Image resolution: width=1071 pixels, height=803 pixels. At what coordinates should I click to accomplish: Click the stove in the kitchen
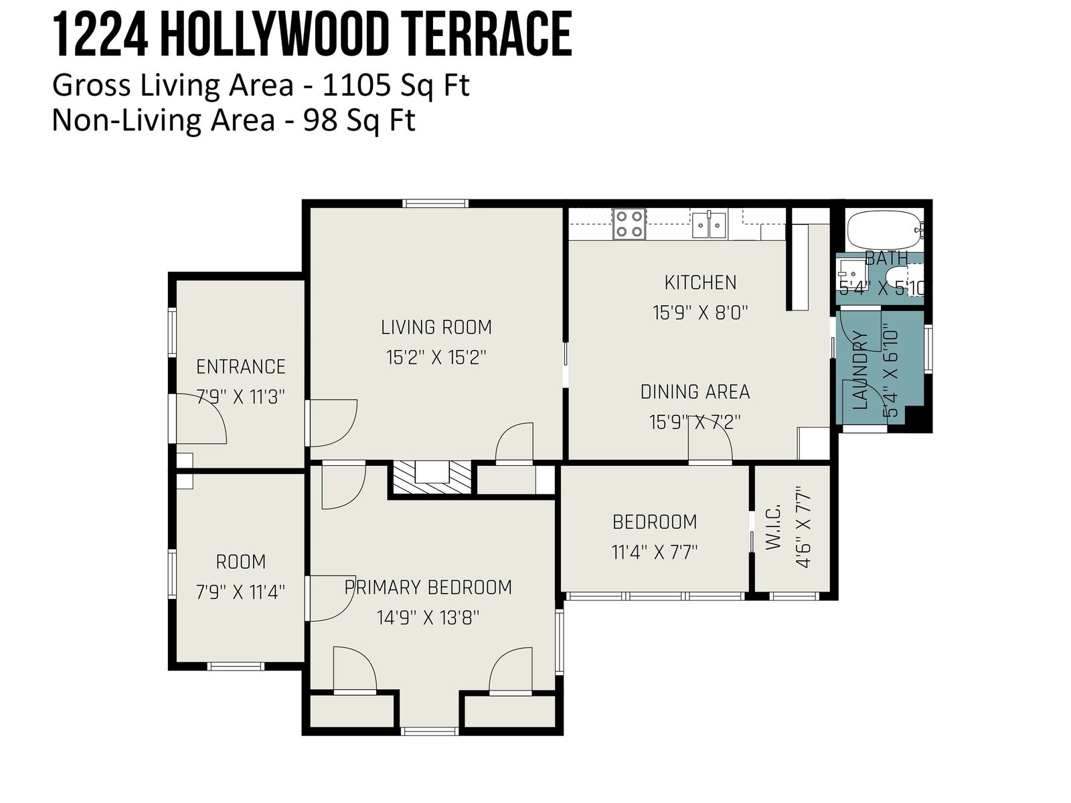(x=629, y=224)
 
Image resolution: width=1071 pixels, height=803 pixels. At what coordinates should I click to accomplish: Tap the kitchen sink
(x=708, y=225)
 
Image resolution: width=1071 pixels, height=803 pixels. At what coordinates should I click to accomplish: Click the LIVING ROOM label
(x=436, y=327)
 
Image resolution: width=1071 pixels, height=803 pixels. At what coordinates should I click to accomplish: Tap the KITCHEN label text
(x=700, y=283)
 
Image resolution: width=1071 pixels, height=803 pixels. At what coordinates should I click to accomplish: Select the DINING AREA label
(x=695, y=391)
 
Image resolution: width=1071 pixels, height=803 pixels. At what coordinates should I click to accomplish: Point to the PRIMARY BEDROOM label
(x=428, y=588)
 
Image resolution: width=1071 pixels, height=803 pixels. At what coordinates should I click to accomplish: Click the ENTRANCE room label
(x=240, y=367)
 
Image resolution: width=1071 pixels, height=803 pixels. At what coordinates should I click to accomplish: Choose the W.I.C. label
(x=773, y=527)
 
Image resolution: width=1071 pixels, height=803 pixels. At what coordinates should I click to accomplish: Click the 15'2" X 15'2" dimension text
(x=436, y=358)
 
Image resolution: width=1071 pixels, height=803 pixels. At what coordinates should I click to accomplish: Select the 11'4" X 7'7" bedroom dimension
(x=654, y=553)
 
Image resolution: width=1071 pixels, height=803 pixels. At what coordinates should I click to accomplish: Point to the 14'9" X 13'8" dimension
(x=428, y=618)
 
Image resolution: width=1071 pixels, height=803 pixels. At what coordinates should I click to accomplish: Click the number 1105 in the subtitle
(x=356, y=85)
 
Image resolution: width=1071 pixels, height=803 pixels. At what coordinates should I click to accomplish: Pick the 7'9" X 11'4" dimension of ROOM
(x=240, y=592)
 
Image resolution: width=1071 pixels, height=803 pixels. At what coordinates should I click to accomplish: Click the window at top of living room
(x=436, y=203)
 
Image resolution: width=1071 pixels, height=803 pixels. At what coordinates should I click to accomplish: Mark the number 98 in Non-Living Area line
(x=320, y=120)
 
